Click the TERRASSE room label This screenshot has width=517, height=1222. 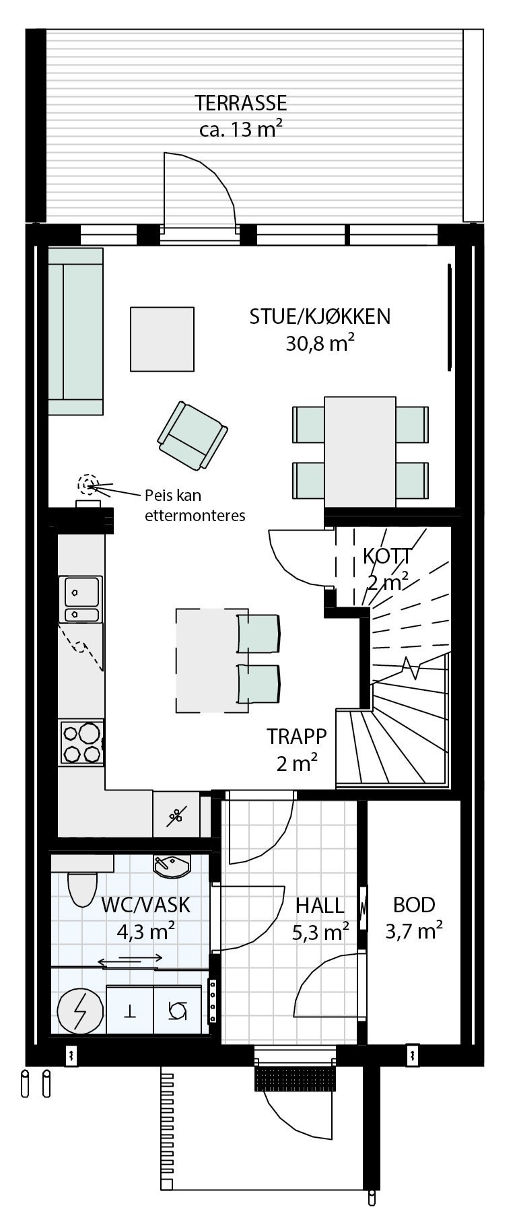[241, 103]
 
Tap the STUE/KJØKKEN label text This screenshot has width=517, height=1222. [320, 316]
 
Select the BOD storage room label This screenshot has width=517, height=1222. [414, 905]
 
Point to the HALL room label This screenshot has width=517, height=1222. [320, 906]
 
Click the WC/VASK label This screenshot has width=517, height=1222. [145, 905]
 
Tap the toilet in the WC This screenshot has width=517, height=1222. [83, 889]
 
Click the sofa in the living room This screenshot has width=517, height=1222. [75, 331]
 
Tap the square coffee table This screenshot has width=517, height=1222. [162, 339]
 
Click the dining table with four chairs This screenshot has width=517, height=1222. [359, 451]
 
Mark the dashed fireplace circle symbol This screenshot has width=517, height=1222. [87, 483]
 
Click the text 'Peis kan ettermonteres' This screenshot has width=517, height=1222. [194, 506]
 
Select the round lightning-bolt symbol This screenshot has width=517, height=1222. [79, 1011]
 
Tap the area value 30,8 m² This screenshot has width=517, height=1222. [320, 344]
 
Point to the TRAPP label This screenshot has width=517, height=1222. [296, 736]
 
